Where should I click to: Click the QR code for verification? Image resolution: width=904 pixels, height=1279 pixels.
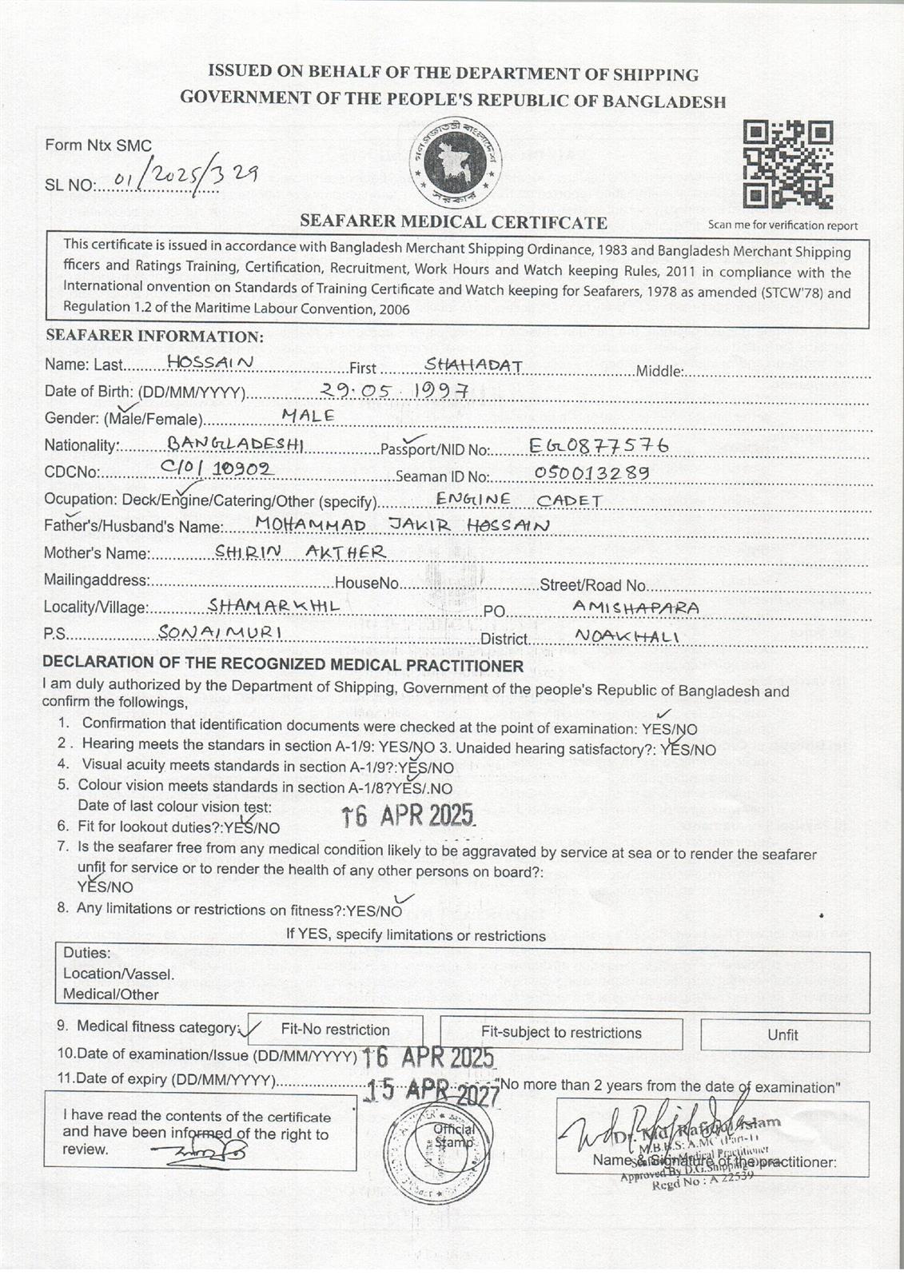coord(788,164)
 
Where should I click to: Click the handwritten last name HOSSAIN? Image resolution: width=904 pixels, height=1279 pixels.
coord(210,362)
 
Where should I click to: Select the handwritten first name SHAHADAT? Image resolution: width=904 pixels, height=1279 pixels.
coord(474,365)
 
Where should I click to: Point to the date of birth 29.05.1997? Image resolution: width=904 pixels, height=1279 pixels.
coord(393,390)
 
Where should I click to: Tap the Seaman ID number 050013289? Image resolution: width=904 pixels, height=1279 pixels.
coord(591,472)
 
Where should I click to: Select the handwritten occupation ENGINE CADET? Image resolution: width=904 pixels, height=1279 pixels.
coord(519,500)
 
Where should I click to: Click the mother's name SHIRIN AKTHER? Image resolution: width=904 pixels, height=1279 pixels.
coord(301,552)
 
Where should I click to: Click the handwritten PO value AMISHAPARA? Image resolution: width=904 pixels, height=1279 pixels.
coord(636,608)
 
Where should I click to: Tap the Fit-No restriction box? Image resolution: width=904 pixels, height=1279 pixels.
coord(335,1030)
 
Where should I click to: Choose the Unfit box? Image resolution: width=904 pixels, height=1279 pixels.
coord(784,1034)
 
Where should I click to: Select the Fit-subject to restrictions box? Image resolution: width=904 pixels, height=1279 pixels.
coord(561,1033)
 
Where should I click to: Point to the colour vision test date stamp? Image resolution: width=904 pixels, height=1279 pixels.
coord(408,815)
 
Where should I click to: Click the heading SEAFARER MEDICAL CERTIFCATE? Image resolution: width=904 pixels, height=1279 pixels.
coord(453,222)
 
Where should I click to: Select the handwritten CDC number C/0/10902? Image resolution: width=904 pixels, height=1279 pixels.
coord(217,468)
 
